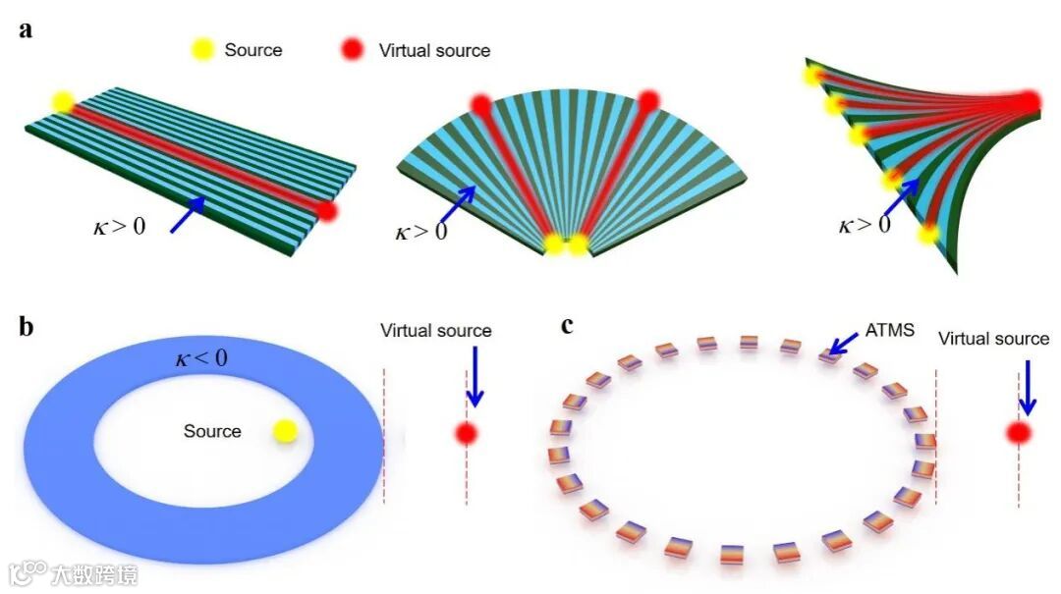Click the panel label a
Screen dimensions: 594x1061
(26, 29)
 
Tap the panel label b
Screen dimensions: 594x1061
(27, 327)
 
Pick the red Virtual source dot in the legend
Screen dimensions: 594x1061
(355, 50)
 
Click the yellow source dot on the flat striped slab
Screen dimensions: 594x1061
(62, 101)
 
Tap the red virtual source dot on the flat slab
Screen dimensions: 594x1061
(327, 209)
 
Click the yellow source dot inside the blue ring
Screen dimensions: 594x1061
(285, 430)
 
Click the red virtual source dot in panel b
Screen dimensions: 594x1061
(467, 432)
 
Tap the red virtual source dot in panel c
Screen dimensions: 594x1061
(1019, 432)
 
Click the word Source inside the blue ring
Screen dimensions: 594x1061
(212, 431)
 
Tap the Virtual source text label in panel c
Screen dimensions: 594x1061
(993, 339)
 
